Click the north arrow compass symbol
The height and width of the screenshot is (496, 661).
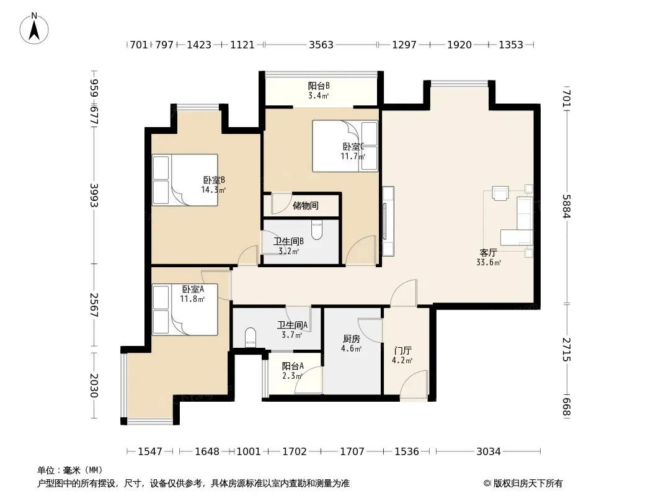pyautogui.click(x=34, y=29)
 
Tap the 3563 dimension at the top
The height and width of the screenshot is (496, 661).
pyautogui.click(x=321, y=45)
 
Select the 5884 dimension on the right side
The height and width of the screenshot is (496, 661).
pyautogui.click(x=566, y=206)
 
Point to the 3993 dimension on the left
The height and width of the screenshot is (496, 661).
pyautogui.click(x=94, y=195)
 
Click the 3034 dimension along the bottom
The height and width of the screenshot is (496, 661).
pyautogui.click(x=488, y=451)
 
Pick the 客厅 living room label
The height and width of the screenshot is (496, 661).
pyautogui.click(x=488, y=253)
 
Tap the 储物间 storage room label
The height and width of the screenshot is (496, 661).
pyautogui.click(x=306, y=206)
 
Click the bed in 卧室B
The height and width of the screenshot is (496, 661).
pyautogui.click(x=185, y=180)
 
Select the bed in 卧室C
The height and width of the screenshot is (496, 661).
pyautogui.click(x=345, y=146)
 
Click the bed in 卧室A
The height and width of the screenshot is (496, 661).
pyautogui.click(x=185, y=310)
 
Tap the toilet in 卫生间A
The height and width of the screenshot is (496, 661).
pyautogui.click(x=251, y=337)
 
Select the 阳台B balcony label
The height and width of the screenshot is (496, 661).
pyautogui.click(x=319, y=86)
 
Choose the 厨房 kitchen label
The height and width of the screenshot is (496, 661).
pyautogui.click(x=351, y=339)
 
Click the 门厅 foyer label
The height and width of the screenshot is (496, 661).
pyautogui.click(x=402, y=351)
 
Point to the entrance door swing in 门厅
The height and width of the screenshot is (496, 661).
pyautogui.click(x=414, y=384)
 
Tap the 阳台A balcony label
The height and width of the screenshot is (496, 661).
pyautogui.click(x=293, y=366)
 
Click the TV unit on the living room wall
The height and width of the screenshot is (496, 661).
pyautogui.click(x=388, y=221)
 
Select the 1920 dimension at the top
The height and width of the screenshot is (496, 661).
pyautogui.click(x=459, y=45)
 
